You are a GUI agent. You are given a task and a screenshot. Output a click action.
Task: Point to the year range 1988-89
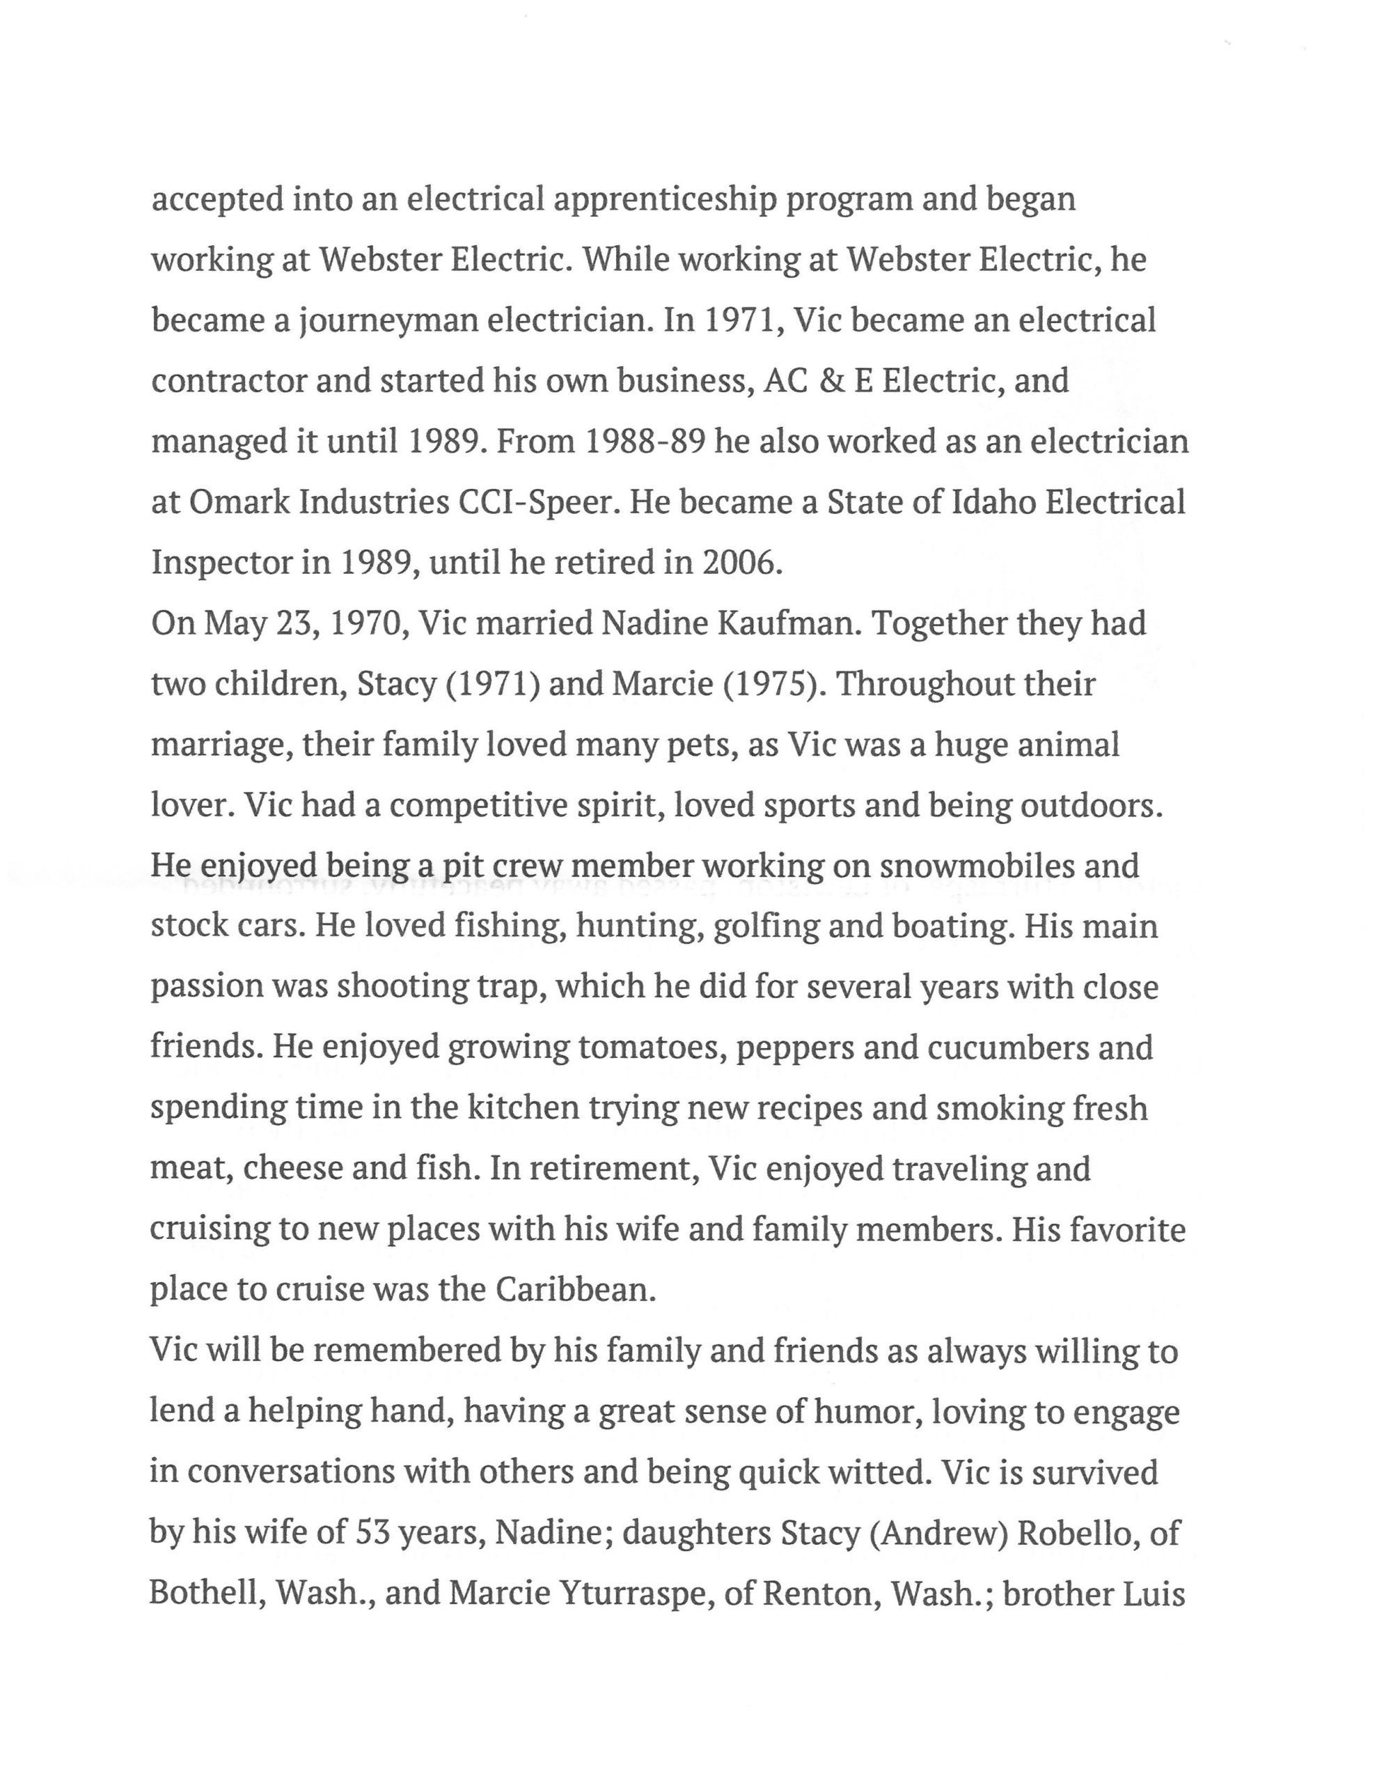[645, 442]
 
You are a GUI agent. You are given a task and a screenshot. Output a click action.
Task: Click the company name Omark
[237, 502]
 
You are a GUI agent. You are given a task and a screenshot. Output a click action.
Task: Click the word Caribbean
[576, 1289]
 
